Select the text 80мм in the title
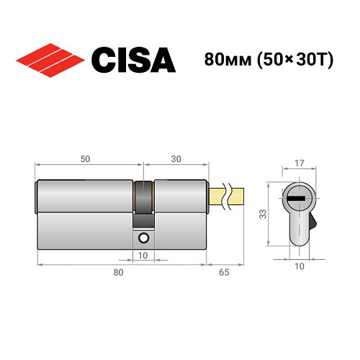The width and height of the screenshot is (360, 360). pyautogui.click(x=221, y=60)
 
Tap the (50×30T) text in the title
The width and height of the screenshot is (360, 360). pyautogui.click(x=291, y=60)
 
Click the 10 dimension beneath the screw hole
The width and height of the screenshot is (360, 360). pyautogui.click(x=143, y=255)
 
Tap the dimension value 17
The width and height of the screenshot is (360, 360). pyautogui.click(x=300, y=163)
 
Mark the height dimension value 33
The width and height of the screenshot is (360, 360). pyautogui.click(x=264, y=213)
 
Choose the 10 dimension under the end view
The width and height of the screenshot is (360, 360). pyautogui.click(x=300, y=266)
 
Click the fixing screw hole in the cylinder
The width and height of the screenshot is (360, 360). pyautogui.click(x=144, y=238)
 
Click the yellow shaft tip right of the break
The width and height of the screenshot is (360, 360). pyautogui.click(x=239, y=194)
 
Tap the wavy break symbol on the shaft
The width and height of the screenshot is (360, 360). pyautogui.click(x=228, y=194)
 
